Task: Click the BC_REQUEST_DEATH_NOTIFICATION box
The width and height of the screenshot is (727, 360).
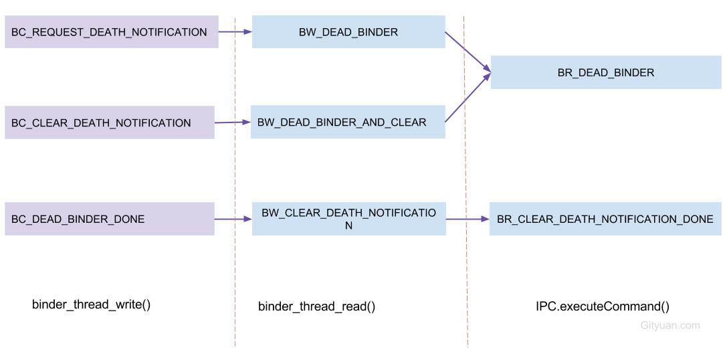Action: (x=111, y=32)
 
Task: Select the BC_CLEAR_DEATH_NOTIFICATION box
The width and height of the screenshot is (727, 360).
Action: (x=109, y=122)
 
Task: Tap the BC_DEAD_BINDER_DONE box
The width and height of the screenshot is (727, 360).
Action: (x=109, y=219)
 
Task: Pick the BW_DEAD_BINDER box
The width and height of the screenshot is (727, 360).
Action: (x=348, y=32)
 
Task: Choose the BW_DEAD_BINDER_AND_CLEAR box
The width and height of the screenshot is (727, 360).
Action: (x=347, y=122)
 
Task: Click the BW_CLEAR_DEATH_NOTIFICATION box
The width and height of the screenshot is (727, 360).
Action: (x=348, y=219)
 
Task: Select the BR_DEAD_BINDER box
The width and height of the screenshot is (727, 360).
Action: (x=605, y=72)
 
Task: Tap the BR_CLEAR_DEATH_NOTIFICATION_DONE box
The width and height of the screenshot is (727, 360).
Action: (x=605, y=219)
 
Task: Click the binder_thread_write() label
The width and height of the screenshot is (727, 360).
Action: (x=92, y=304)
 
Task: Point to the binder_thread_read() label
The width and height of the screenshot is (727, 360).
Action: (x=316, y=306)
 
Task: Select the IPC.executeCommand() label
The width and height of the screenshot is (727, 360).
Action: (x=602, y=306)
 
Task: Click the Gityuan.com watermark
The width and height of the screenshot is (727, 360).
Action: (x=669, y=325)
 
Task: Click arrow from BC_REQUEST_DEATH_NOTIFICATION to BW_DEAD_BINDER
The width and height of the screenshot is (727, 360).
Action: (x=235, y=31)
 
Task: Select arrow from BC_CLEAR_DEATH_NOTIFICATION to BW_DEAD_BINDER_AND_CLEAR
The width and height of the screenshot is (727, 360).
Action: (x=233, y=122)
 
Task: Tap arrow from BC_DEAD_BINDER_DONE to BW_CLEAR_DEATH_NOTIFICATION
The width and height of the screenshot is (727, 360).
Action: (x=233, y=219)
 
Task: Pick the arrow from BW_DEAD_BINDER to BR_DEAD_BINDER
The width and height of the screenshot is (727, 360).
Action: (x=468, y=50)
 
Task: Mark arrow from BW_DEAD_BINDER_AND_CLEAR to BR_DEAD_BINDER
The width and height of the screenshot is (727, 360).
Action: (x=468, y=98)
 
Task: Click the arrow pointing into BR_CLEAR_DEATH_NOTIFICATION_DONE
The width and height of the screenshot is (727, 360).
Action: (x=468, y=219)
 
